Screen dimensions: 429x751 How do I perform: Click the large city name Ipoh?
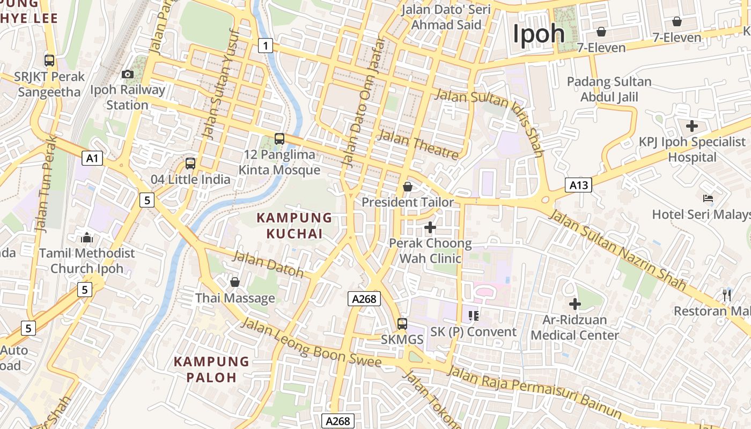coord(539,34)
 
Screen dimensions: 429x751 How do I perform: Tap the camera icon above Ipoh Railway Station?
coord(128,74)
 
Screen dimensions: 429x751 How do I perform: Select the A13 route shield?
coord(579,186)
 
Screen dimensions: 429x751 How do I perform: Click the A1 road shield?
coord(93,158)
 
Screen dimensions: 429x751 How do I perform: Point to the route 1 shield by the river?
coord(265,46)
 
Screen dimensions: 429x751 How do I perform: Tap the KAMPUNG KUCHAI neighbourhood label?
coord(294,226)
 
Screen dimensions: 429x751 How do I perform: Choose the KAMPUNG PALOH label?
coord(211,369)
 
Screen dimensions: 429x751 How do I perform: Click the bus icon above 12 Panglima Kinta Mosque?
coord(279,139)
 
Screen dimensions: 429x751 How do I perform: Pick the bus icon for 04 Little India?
coord(190,164)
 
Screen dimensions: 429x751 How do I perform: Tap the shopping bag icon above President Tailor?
coord(408,187)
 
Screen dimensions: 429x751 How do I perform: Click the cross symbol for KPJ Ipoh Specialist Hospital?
coord(692,127)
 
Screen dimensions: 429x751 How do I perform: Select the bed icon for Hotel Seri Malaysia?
coord(708,198)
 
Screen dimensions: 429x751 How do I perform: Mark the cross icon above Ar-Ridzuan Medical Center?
coord(575,304)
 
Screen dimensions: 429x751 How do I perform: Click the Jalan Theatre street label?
coord(418,144)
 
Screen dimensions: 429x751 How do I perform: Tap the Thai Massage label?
coord(235,298)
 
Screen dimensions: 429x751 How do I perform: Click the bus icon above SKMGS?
coord(402,324)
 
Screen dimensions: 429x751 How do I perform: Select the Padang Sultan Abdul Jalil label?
coord(609,90)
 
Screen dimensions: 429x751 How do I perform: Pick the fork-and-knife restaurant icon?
coord(727,294)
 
